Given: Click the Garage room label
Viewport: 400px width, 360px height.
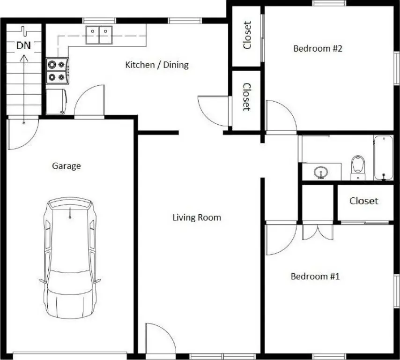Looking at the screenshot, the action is click(x=67, y=166).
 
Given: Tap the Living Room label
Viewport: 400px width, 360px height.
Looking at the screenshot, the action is click(x=197, y=217).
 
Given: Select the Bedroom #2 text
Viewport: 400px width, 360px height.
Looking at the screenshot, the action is click(x=318, y=48).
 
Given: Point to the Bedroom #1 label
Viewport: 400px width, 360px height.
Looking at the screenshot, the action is click(x=315, y=276).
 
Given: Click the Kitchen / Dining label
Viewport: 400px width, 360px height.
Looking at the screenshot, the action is click(x=157, y=65).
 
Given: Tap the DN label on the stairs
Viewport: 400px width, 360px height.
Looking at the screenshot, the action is click(x=24, y=45).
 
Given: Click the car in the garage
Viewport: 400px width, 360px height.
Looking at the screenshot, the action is click(x=70, y=258).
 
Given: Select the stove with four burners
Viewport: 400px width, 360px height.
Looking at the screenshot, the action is click(x=58, y=71).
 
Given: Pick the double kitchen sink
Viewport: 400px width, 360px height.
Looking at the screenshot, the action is click(x=99, y=35).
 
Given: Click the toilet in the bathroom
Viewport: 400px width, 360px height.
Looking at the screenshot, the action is click(x=358, y=167).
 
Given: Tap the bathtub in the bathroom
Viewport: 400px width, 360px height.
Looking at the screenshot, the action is click(x=384, y=158).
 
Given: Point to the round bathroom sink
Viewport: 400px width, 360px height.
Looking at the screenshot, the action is click(x=321, y=172).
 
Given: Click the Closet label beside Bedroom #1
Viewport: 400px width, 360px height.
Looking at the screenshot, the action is click(x=364, y=201).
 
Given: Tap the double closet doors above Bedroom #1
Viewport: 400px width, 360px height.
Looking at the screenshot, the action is click(x=318, y=232).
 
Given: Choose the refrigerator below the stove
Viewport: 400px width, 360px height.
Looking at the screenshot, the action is click(x=56, y=102).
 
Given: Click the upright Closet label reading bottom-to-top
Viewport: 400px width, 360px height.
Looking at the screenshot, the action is click(x=247, y=35).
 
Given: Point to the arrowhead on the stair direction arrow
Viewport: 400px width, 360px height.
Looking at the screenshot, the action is click(x=24, y=58).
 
